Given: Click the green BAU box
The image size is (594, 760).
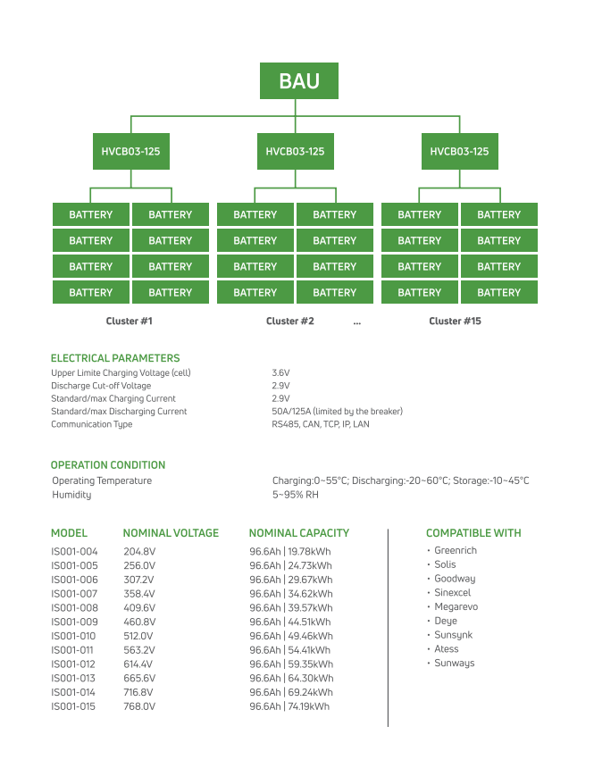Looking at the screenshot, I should click(298, 81).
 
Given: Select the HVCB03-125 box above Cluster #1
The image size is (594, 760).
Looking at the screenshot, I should click(130, 152).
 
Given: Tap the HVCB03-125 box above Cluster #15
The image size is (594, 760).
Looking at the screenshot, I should click(459, 152).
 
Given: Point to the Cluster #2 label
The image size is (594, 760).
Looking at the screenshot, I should click(290, 321).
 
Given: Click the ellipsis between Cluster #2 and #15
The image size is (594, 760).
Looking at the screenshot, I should click(357, 321).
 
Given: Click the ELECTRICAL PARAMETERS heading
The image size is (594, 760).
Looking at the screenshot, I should click(115, 358).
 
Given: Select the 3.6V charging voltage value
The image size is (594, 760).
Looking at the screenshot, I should click(280, 372).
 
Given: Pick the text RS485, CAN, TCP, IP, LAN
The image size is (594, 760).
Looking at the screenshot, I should click(320, 424).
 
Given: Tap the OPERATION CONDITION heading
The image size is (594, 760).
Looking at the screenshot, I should click(108, 465).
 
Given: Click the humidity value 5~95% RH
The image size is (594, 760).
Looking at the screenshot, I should click(296, 495).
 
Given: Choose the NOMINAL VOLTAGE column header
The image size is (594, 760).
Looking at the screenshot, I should click(171, 533).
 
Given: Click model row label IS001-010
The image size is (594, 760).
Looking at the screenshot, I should click(74, 636).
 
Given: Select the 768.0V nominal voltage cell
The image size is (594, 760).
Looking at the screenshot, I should click(139, 706).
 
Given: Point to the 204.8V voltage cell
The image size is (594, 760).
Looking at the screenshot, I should click(139, 552).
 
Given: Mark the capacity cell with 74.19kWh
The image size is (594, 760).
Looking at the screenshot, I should click(289, 706).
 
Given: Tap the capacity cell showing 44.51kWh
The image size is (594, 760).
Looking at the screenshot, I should click(289, 622).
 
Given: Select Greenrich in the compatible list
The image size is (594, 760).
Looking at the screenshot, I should click(456, 551).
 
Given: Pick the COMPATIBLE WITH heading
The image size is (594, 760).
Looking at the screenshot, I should click(473, 533).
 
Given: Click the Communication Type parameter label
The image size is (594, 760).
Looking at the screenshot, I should click(92, 424).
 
